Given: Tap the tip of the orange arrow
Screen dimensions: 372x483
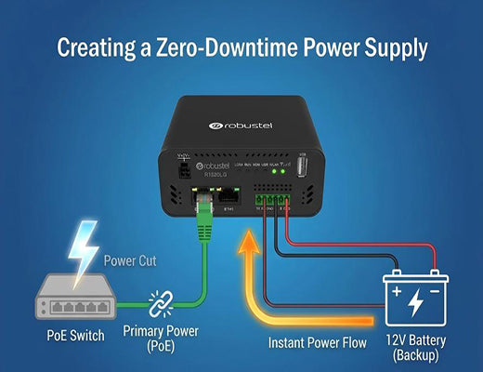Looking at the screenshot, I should click(x=250, y=239).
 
